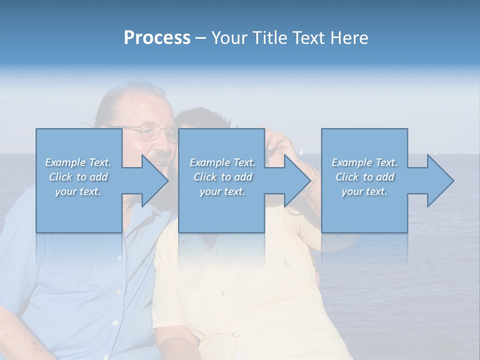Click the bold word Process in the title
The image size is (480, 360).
click(x=157, y=38)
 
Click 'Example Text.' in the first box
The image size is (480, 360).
click(x=78, y=162)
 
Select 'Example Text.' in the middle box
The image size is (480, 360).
click(x=222, y=162)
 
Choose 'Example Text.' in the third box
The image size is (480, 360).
click(x=364, y=162)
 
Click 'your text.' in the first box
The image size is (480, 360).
click(x=78, y=191)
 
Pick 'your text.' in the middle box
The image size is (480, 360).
click(x=222, y=191)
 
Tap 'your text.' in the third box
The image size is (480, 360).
click(x=364, y=191)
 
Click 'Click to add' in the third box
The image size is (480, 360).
click(x=364, y=177)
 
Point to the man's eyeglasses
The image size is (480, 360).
click(x=150, y=133)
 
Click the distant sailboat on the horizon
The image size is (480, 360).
click(x=301, y=150)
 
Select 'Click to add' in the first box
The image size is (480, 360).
click(x=78, y=177)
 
